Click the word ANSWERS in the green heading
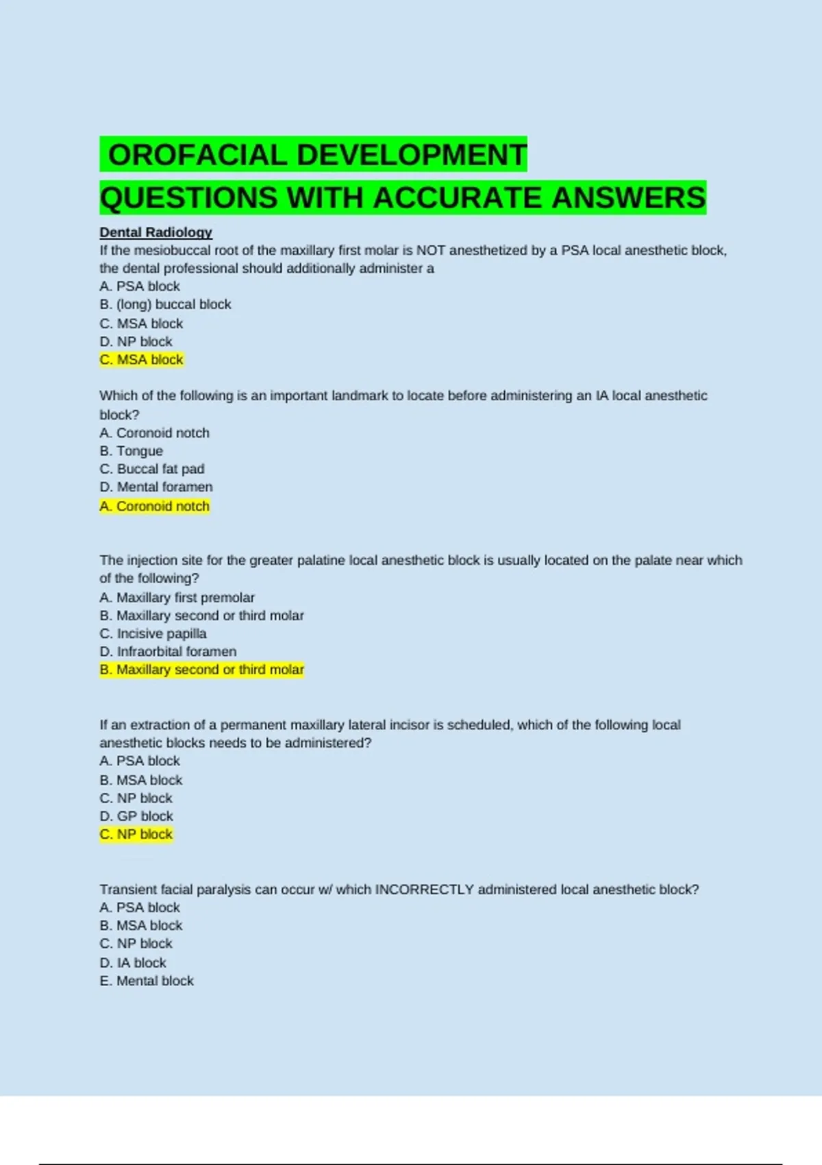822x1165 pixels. tap(628, 198)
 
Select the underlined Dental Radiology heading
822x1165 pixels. tap(155, 232)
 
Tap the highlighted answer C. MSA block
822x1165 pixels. tap(141, 360)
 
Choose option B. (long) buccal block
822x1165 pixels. tap(165, 304)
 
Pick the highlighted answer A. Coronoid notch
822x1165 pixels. tap(154, 506)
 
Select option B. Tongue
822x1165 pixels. tap(131, 451)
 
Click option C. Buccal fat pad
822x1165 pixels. tap(151, 469)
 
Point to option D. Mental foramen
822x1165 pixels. tap(155, 487)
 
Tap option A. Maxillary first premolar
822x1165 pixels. tap(177, 598)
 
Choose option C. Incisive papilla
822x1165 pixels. tap(153, 634)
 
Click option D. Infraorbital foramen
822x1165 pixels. tap(168, 652)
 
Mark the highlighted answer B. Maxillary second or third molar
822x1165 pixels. tap(201, 670)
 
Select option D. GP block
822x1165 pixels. tap(136, 816)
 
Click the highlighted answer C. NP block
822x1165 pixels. tap(136, 835)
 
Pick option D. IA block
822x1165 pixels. tap(133, 963)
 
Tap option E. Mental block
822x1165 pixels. tap(147, 981)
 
